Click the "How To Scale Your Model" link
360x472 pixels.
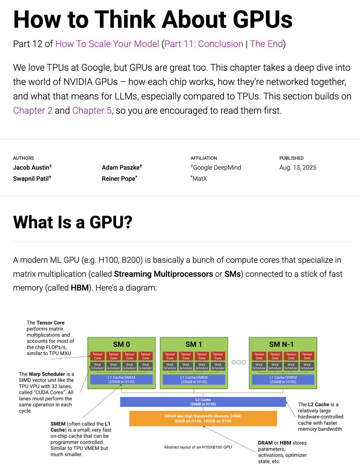107,44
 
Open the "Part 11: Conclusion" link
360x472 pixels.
204,44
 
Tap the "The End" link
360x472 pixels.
266,44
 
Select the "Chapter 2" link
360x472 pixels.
33,110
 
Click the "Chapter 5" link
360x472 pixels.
92,110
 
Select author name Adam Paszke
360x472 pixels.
121,167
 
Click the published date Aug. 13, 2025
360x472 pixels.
297,168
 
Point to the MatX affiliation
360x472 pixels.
199,178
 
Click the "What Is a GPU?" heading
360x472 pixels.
73,222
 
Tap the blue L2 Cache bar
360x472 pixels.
203,402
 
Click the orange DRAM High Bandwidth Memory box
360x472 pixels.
203,419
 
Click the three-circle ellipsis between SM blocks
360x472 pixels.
238,362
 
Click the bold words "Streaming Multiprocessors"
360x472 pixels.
163,274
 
